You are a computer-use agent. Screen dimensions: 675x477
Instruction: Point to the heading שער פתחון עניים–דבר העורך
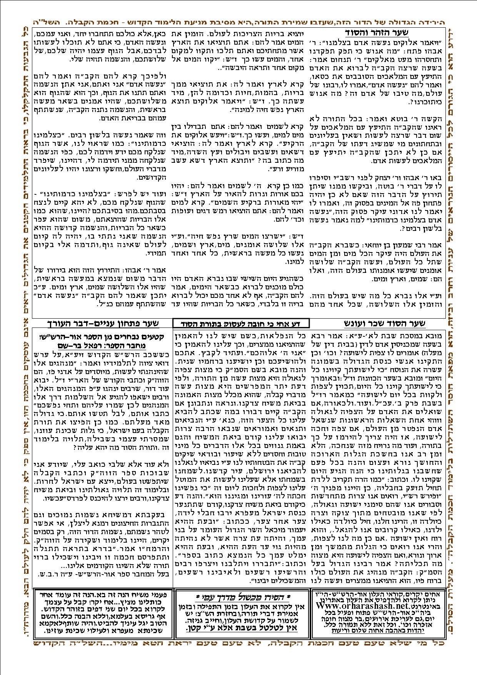103,323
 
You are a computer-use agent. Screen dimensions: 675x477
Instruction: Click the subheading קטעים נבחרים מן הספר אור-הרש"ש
103,337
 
